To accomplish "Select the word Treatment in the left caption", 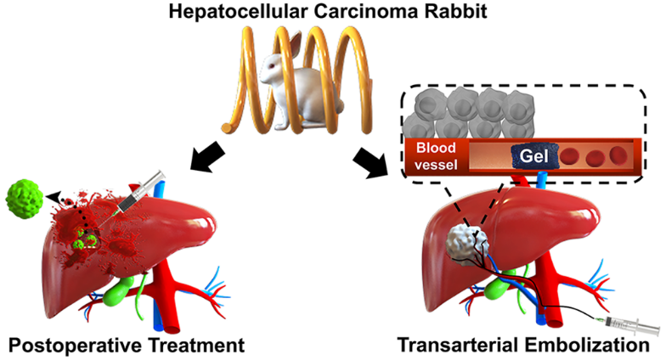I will [x=197, y=346].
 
